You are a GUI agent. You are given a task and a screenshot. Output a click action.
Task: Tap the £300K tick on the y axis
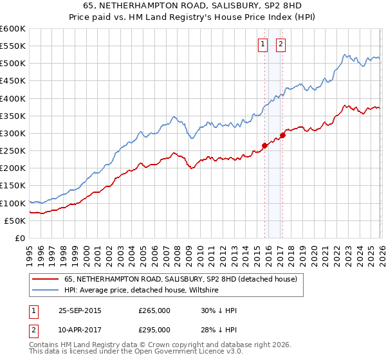[13, 134]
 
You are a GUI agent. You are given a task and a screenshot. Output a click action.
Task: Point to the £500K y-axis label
[13, 64]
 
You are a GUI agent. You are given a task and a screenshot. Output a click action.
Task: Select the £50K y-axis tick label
[15, 221]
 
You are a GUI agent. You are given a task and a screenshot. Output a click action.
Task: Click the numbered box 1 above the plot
[263, 44]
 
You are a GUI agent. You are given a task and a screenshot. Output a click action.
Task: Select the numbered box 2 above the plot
[282, 44]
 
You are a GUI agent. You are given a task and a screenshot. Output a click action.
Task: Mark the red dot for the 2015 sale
[264, 145]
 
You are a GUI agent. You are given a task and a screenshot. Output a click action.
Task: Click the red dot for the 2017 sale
[282, 135]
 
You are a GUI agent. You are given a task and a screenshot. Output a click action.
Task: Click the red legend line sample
[46, 280]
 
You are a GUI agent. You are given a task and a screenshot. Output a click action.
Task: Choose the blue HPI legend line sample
[46, 291]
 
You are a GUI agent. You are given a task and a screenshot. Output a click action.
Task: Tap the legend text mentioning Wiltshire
[142, 291]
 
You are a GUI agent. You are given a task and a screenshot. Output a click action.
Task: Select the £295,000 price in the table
[154, 330]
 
